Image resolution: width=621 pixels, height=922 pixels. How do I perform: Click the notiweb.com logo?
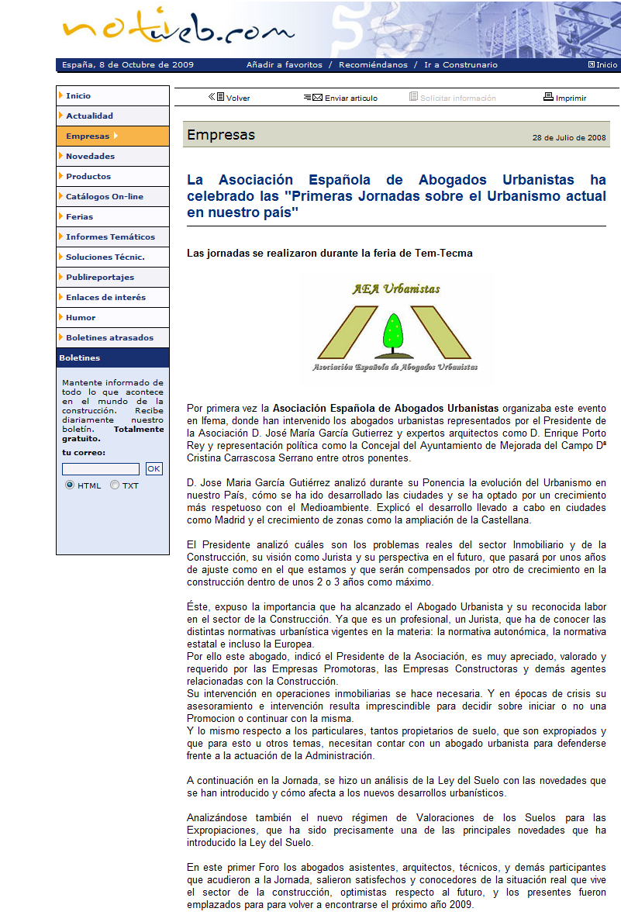pos(178,29)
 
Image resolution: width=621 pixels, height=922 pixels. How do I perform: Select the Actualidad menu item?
pos(89,116)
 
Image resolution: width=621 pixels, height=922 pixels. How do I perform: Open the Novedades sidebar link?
pos(90,157)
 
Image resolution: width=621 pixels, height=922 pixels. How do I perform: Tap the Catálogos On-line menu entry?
pos(104,197)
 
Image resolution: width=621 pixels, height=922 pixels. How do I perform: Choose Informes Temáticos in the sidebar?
pos(110,237)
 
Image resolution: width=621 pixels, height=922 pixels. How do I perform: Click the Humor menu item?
pos(81,318)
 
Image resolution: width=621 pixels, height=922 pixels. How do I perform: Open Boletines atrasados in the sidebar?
pos(109,338)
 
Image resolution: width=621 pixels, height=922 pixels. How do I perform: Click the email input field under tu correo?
pos(101,469)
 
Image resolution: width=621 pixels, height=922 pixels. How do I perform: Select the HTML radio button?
pos(70,485)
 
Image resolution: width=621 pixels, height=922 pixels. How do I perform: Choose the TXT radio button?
pos(115,485)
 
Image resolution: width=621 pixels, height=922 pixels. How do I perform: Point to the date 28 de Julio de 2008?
pos(569,138)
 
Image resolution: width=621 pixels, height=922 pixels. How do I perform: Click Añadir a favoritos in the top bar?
pos(284,65)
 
